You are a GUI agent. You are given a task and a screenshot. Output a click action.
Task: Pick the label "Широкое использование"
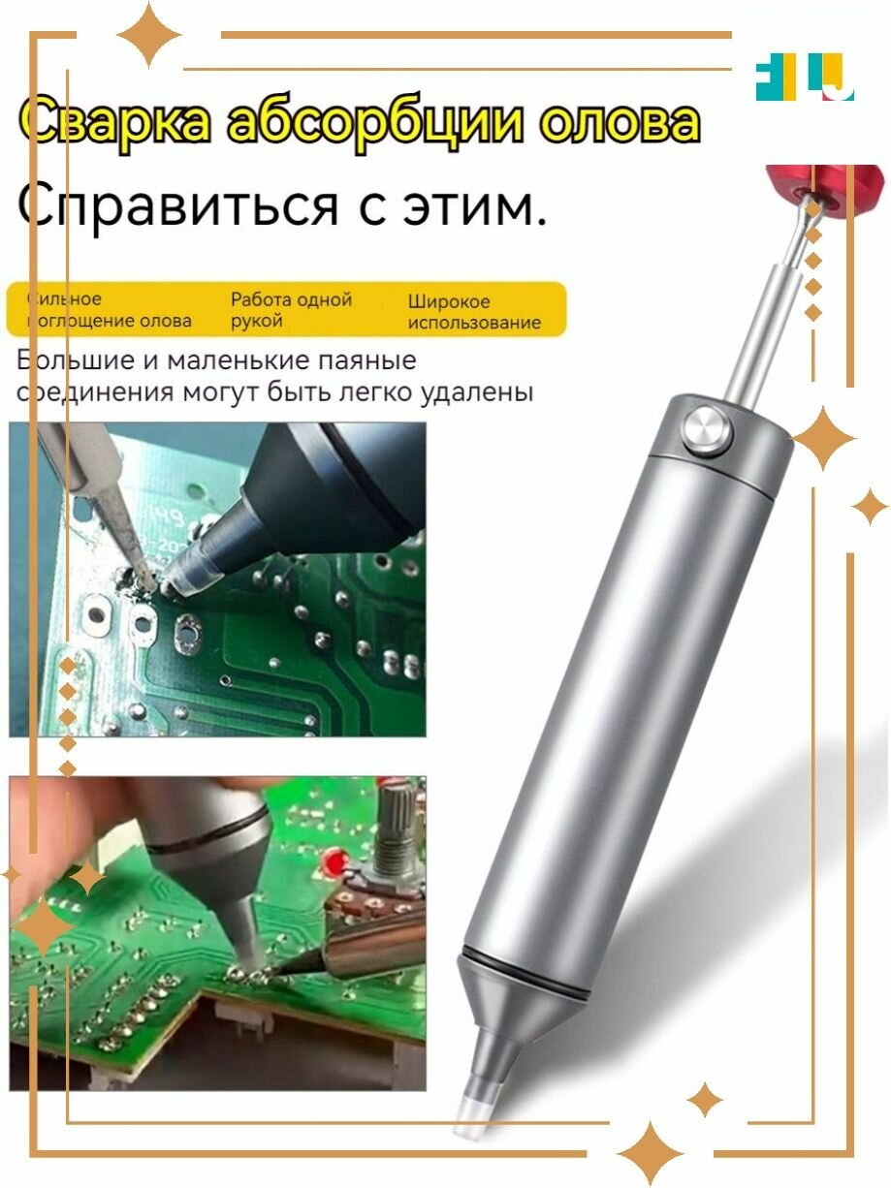(x=473, y=312)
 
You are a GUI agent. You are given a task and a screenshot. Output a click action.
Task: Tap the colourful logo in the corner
(x=804, y=81)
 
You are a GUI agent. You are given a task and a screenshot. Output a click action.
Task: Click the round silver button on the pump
(x=705, y=430)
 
